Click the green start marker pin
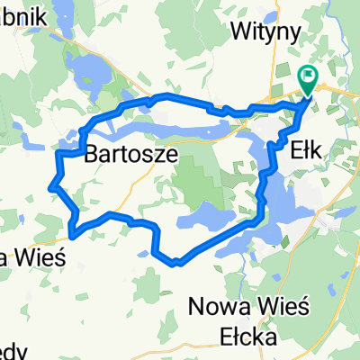tap(309, 80)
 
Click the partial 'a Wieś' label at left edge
tap(31, 257)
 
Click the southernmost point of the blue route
tap(177, 264)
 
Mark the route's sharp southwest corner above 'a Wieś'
tap(70, 235)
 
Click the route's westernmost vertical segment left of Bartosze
tap(58, 166)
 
